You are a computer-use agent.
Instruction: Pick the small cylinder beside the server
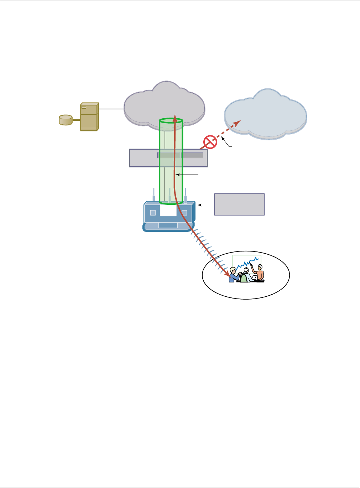[x=65, y=120]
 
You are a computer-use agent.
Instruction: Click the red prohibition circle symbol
[x=210, y=142]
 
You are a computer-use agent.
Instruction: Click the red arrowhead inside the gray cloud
[x=175, y=118]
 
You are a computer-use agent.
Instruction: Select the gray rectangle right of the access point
[x=239, y=204]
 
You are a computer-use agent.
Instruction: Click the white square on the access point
[x=168, y=210]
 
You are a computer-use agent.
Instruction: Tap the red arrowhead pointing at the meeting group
[x=228, y=275]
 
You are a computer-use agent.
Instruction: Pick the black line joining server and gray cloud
[x=111, y=109]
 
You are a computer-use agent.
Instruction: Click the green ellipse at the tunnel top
[x=171, y=121]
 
